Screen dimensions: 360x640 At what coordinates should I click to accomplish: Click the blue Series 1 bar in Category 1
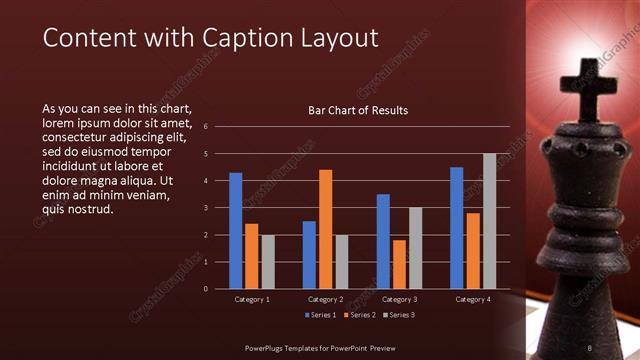click(x=236, y=231)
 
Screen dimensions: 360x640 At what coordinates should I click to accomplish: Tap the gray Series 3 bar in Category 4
click(x=489, y=221)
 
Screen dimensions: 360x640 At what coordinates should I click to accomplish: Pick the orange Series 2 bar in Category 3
click(x=400, y=264)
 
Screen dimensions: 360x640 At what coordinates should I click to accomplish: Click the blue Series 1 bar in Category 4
click(x=457, y=228)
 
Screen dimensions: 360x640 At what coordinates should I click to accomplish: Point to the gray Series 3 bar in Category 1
click(x=268, y=261)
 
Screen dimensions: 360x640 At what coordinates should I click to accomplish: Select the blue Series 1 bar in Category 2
click(x=309, y=255)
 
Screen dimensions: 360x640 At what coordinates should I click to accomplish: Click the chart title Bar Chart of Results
click(x=357, y=110)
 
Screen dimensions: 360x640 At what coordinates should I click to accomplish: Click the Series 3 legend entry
click(x=399, y=316)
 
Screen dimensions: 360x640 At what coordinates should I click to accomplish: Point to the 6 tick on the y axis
click(x=205, y=127)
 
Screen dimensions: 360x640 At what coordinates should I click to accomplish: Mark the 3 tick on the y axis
click(x=205, y=208)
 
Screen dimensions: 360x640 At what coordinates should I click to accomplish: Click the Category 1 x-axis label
click(x=252, y=299)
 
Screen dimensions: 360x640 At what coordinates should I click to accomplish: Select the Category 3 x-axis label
click(x=400, y=299)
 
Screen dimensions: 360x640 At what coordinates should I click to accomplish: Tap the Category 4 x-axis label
click(x=473, y=299)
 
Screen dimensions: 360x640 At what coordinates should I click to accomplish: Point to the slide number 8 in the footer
click(x=590, y=346)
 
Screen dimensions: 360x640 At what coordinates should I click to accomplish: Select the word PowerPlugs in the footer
click(x=266, y=346)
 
